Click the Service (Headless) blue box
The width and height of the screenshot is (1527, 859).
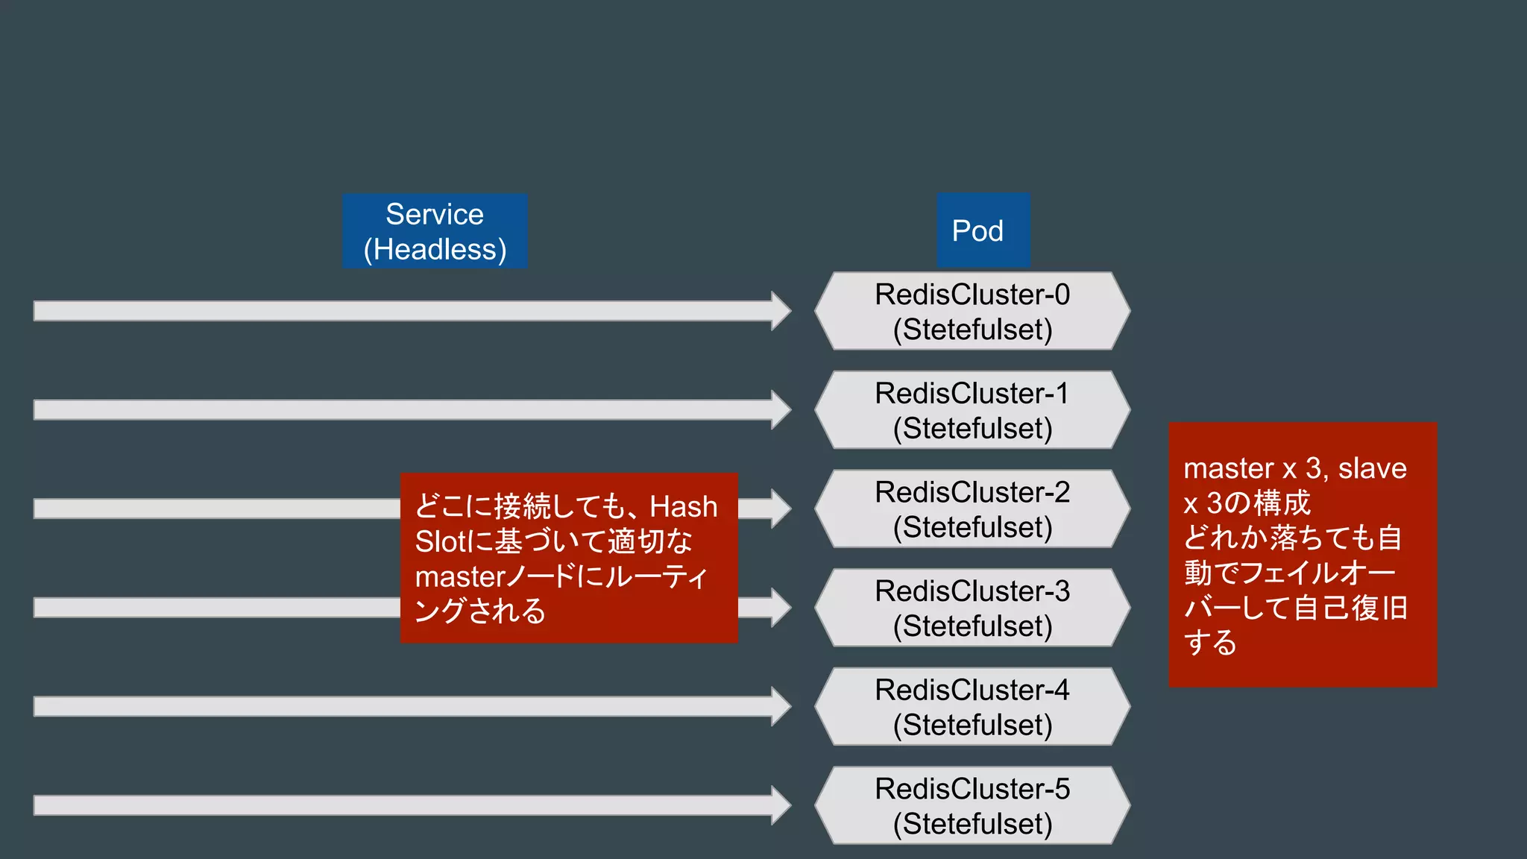coord(435,231)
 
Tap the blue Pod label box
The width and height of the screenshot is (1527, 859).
coord(983,230)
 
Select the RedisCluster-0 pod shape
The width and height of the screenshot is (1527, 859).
coord(972,311)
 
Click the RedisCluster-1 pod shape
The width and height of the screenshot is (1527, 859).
coord(972,410)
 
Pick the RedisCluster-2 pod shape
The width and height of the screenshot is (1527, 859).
coord(972,509)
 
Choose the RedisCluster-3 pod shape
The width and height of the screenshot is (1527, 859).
coord(972,608)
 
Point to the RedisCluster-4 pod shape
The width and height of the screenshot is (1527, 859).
coord(972,707)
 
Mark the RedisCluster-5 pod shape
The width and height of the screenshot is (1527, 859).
coord(972,805)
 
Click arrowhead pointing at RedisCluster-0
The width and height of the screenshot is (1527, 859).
coord(781,311)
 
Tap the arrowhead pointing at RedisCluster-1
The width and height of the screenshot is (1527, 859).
coord(781,409)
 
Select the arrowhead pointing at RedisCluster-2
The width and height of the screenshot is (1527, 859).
coord(781,509)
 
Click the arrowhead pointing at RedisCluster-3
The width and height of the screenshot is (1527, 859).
coord(781,607)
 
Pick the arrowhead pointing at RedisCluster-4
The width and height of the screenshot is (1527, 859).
coord(781,706)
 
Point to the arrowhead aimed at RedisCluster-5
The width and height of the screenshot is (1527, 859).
coord(781,805)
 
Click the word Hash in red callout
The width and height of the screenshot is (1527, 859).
coord(683,507)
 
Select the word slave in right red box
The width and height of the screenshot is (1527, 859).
coord(1372,468)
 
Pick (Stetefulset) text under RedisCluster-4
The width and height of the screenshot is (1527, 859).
coord(972,725)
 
